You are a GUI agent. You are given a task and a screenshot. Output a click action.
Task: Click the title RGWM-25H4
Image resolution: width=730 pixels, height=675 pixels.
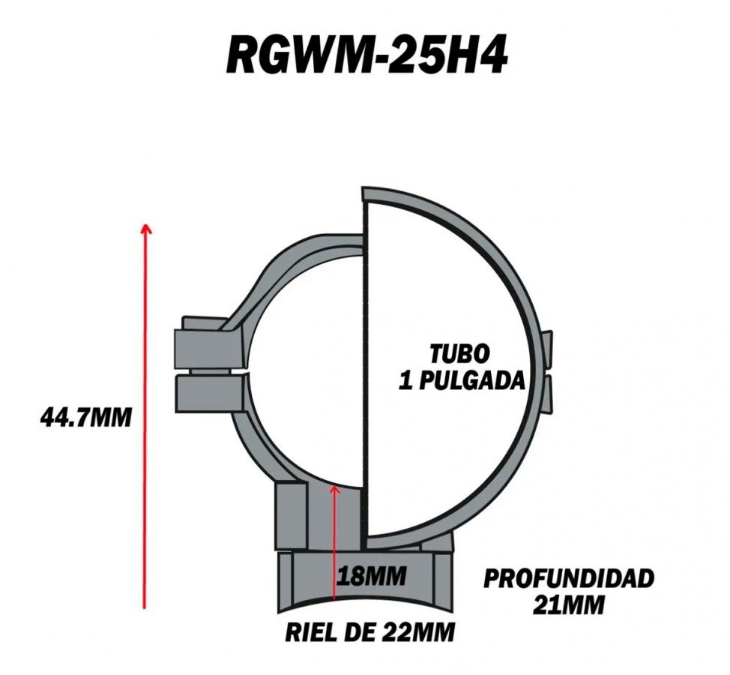coord(366,56)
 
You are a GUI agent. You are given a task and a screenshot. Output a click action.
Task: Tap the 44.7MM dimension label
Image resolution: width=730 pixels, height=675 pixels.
coord(86,418)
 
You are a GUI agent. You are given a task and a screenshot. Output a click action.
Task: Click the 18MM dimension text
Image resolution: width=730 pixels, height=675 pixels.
coord(371,576)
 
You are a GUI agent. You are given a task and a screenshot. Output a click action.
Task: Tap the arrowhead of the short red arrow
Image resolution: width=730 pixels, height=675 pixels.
coord(334,488)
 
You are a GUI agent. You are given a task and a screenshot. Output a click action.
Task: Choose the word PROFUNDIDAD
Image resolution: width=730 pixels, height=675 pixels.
coord(569,579)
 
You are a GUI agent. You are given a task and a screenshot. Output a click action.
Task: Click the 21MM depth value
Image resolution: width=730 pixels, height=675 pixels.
coord(568,605)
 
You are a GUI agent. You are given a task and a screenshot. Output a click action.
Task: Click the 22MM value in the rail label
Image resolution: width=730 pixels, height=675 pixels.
coord(418,632)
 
